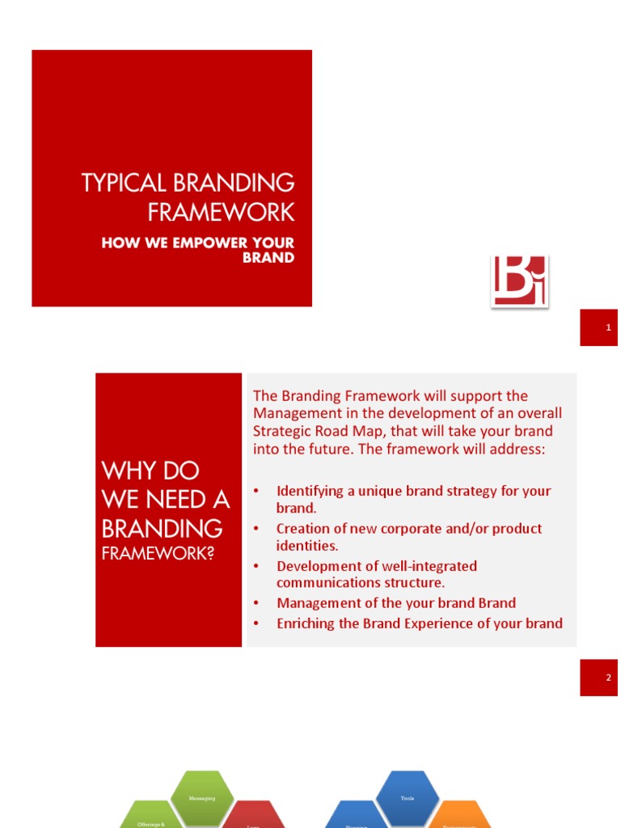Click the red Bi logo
click(x=519, y=281)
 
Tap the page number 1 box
click(x=598, y=327)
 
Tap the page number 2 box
click(x=598, y=678)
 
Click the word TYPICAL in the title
click(x=121, y=183)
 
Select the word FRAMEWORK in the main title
click(x=221, y=213)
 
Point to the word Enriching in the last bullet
click(x=307, y=623)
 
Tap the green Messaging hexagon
click(x=202, y=797)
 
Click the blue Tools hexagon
click(x=408, y=797)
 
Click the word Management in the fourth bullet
click(x=319, y=603)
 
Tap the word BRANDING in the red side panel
click(x=163, y=529)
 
